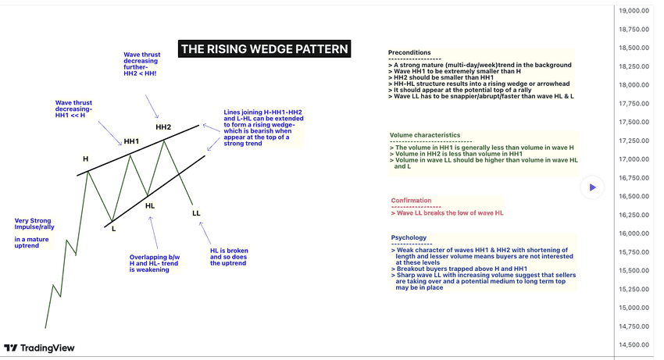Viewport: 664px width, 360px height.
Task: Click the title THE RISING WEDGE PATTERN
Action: point(265,49)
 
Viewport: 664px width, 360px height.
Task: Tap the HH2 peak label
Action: point(163,127)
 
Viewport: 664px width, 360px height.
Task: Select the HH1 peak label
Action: point(130,141)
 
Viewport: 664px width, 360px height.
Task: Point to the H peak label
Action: point(86,159)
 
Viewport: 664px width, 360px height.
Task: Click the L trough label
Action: point(113,228)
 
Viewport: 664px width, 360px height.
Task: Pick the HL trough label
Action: point(150,206)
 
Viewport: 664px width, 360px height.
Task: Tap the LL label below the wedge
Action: point(196,212)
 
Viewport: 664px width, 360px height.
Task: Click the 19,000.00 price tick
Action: point(634,10)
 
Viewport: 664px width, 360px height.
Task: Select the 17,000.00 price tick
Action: point(634,159)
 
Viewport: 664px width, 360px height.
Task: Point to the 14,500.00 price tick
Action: point(634,345)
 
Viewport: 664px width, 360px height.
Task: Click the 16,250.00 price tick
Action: point(634,215)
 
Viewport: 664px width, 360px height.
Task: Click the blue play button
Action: point(593,187)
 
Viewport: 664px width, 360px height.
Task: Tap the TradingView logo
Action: point(34,348)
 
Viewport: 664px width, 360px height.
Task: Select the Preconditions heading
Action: point(414,52)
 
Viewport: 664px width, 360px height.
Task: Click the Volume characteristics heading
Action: point(425,135)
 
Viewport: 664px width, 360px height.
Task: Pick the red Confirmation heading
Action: point(411,201)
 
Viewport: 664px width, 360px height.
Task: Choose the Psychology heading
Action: point(409,237)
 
